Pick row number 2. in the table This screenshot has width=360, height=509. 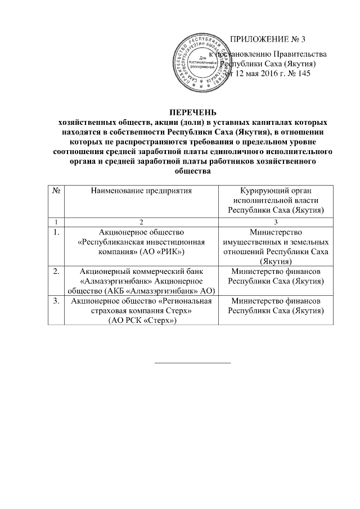[56, 272]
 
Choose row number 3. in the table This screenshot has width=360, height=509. [56, 301]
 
